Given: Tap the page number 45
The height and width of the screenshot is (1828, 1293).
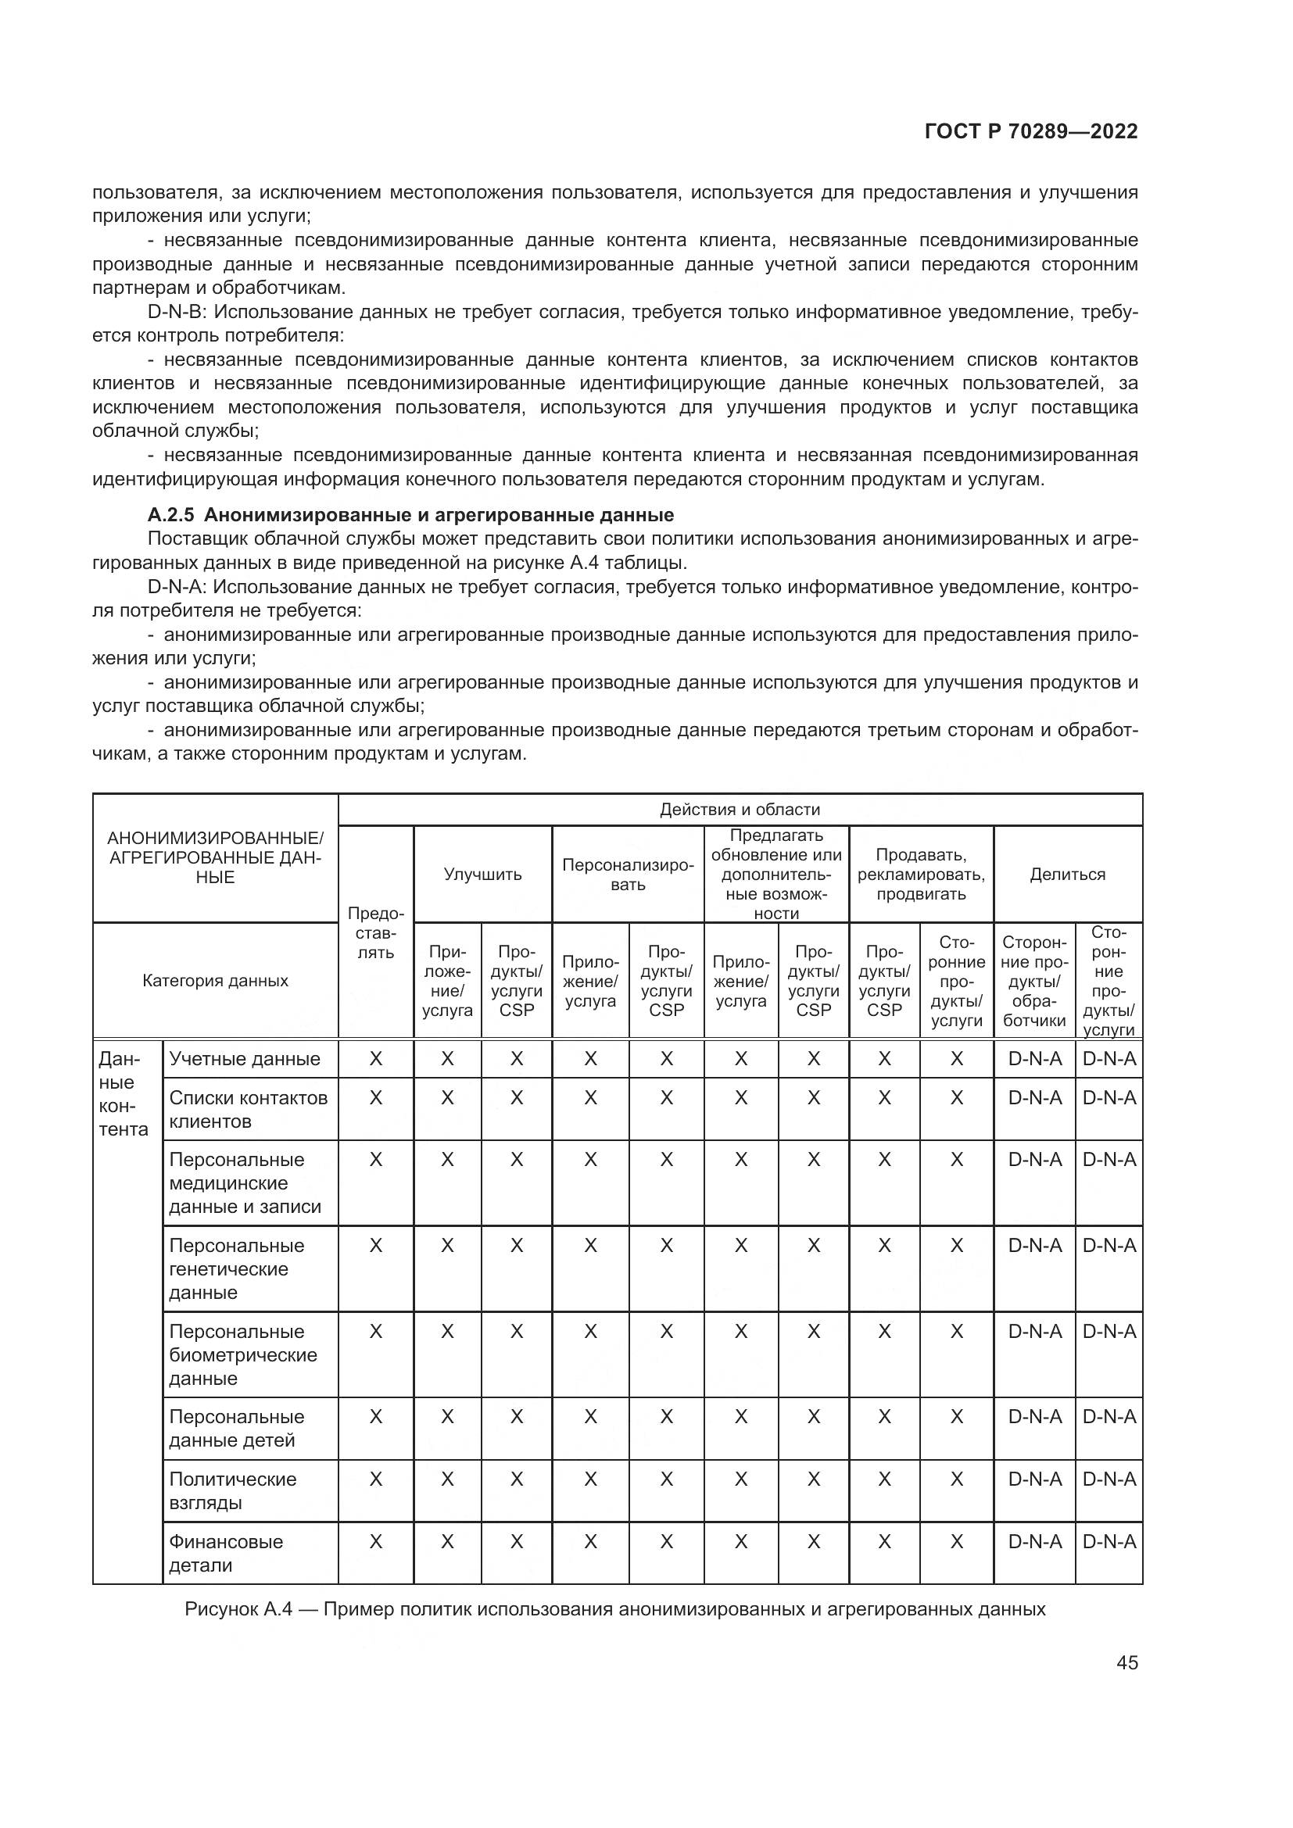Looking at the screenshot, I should coord(1126,1662).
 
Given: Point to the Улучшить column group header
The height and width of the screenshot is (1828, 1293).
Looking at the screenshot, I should coord(482,875).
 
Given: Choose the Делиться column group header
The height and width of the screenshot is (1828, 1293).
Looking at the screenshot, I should coord(1067,875).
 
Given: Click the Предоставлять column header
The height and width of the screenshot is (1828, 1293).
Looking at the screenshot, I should coord(375,932).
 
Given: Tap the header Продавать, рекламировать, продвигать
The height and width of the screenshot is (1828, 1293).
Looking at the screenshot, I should coord(920,875).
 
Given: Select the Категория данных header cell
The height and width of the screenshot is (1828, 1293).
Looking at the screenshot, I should coord(215,980).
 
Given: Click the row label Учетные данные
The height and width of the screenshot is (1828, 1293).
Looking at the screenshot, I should coord(245,1059).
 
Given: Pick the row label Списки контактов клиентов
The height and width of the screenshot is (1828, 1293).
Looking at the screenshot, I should coord(248,1109).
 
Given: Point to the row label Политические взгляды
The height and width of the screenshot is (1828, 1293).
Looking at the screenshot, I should coord(232,1490).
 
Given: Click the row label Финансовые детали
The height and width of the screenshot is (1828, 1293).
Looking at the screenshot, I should coord(225,1553).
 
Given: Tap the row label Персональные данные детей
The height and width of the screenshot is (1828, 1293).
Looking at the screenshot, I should coord(236,1429).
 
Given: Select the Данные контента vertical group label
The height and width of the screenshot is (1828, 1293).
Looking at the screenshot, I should coord(124,1094).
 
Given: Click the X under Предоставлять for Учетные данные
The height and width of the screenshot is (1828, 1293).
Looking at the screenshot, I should coord(375,1059).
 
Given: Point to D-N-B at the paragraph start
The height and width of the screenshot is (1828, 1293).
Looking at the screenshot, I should coord(177,312).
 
